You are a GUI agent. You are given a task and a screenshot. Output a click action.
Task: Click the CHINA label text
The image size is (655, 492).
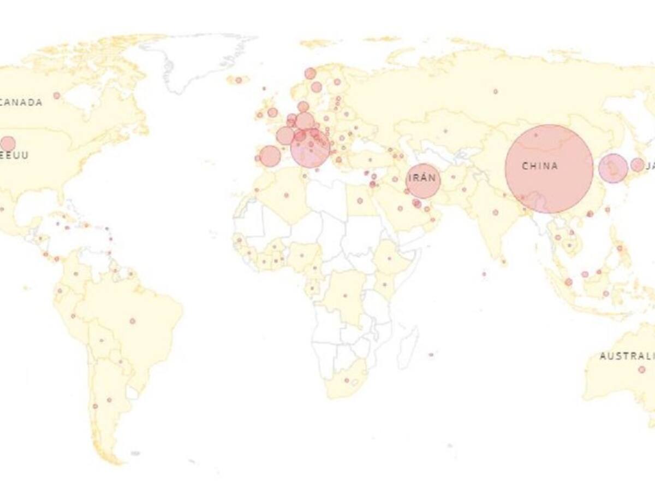[x=540, y=166]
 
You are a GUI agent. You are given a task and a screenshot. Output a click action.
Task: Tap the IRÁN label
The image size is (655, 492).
[x=422, y=178]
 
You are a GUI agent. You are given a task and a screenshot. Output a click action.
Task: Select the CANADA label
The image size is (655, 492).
[x=21, y=102]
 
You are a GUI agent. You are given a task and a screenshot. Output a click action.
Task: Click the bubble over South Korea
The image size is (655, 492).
[x=613, y=168]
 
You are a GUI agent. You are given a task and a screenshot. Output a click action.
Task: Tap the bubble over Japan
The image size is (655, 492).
[x=637, y=165]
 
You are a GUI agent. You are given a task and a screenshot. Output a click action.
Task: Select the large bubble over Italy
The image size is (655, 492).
[x=310, y=148]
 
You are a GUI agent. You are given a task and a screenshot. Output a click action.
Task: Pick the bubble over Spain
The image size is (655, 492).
[x=270, y=156]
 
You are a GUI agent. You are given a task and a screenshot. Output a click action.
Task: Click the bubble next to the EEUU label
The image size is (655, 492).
[x=8, y=143]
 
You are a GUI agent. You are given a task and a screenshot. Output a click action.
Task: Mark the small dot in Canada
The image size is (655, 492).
[x=57, y=96]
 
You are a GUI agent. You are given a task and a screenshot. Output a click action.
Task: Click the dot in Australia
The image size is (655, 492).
[x=641, y=370]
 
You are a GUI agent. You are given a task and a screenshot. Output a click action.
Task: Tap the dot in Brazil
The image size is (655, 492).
[x=132, y=321]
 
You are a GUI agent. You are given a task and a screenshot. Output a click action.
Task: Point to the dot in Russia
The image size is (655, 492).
[x=495, y=91]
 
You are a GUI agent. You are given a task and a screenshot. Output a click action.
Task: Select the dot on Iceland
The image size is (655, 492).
[x=239, y=80]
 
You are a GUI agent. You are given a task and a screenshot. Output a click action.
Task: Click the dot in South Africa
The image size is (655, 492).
[x=346, y=380]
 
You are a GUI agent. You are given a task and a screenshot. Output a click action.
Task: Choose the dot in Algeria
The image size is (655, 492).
[x=285, y=195]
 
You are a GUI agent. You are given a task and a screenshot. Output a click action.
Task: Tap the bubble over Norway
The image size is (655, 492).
[x=310, y=73]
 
